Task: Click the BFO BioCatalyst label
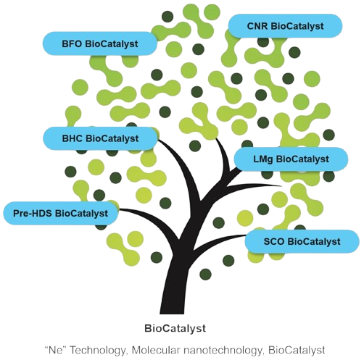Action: click(100, 43)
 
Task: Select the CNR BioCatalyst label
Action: click(285, 26)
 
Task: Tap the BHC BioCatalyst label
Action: click(100, 138)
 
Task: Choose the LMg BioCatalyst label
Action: click(291, 159)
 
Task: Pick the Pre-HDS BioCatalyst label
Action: click(60, 213)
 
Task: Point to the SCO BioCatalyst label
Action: click(302, 241)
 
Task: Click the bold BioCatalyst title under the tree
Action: click(175, 329)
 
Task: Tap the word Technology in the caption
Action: click(98, 350)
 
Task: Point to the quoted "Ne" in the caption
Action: click(56, 350)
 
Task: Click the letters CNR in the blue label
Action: click(257, 26)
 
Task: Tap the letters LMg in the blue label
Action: click(263, 159)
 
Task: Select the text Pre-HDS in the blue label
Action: click(33, 213)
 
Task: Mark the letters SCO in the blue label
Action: click(274, 241)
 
